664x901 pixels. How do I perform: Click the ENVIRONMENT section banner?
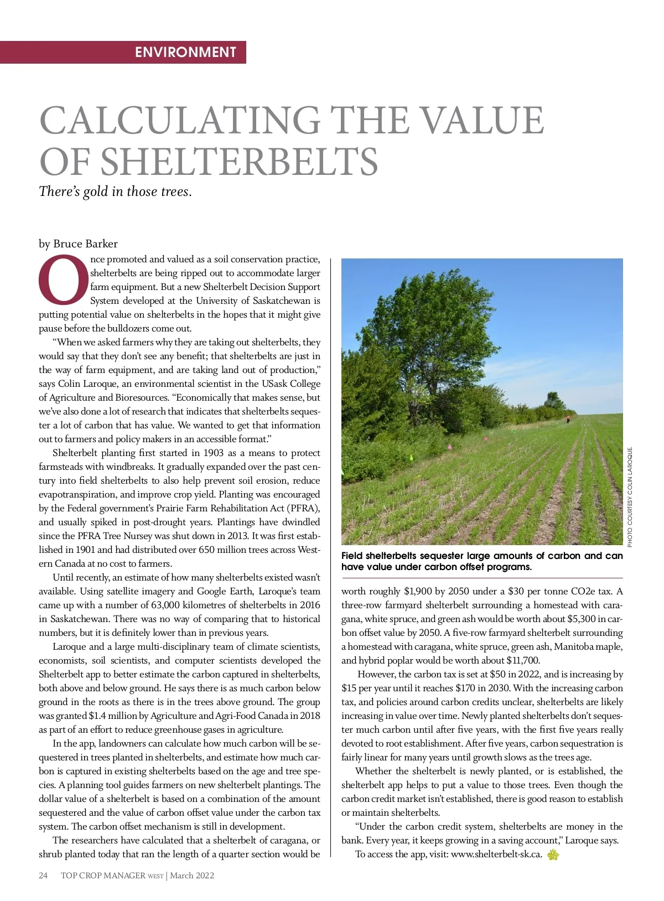point(185,52)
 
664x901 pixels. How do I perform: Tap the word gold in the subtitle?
point(95,191)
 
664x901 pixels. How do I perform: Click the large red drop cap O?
point(63,280)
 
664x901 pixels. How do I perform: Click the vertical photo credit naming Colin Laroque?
point(630,496)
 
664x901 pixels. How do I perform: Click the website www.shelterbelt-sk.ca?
point(496,855)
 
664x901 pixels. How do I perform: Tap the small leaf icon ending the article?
point(552,855)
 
